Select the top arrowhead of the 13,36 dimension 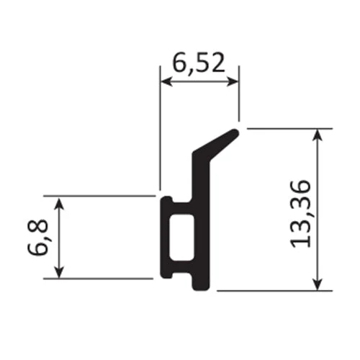[318, 135]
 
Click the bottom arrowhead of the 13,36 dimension [318, 286]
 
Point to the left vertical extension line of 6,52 [159, 130]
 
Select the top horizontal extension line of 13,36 [288, 129]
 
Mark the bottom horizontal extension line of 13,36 [274, 292]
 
